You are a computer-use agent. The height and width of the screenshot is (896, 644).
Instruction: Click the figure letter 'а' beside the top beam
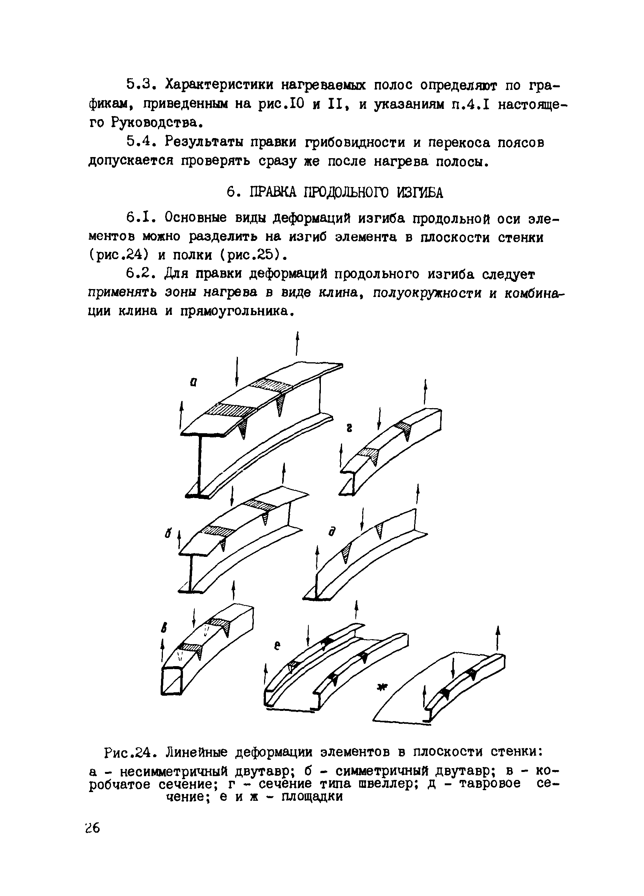(x=193, y=382)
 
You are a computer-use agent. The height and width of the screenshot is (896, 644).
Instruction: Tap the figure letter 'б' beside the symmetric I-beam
(x=168, y=533)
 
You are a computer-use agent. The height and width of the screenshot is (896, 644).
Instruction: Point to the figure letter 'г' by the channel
(x=349, y=428)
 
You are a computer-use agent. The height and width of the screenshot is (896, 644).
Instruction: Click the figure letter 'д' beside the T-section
(x=332, y=532)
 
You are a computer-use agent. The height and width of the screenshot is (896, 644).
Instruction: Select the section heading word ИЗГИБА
(x=420, y=192)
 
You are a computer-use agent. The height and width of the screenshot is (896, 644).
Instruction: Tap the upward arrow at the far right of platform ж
(x=498, y=638)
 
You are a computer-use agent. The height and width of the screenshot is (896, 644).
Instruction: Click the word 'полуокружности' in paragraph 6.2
(x=427, y=293)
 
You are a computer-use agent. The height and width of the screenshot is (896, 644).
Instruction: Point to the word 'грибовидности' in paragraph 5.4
(x=355, y=142)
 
